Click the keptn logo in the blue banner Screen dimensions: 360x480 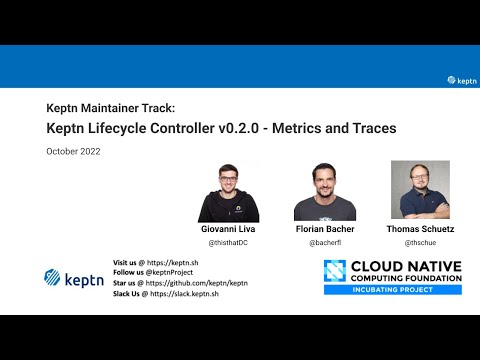tap(462, 80)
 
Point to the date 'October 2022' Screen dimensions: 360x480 tap(73, 151)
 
